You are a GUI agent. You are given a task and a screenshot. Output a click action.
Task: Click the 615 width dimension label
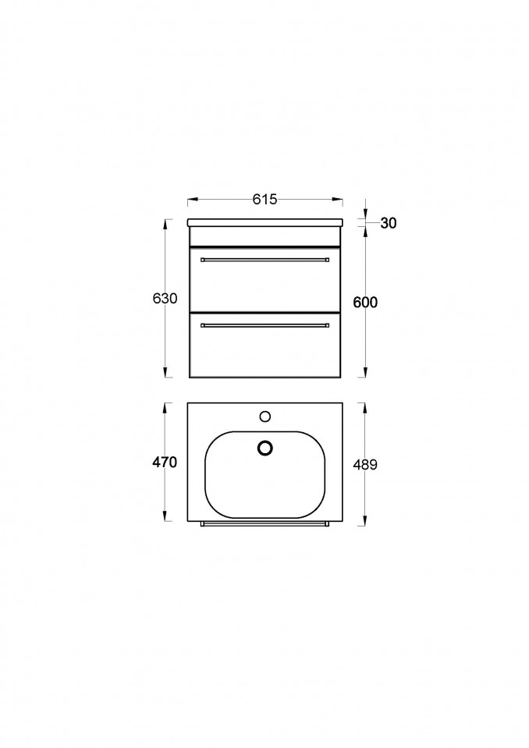[264, 200]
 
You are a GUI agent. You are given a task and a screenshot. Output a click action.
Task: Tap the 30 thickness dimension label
[389, 223]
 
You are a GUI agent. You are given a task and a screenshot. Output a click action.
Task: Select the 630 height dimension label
[165, 298]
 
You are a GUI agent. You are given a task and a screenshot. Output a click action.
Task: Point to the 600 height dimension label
[365, 302]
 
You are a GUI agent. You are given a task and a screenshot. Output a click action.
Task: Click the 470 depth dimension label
[165, 462]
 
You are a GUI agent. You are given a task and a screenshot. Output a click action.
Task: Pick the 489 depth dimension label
[365, 464]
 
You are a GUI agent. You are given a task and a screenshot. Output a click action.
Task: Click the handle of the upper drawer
[264, 260]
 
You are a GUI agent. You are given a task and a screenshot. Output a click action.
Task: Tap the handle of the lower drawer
[264, 325]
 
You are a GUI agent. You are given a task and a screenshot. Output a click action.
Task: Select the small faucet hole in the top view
[265, 417]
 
